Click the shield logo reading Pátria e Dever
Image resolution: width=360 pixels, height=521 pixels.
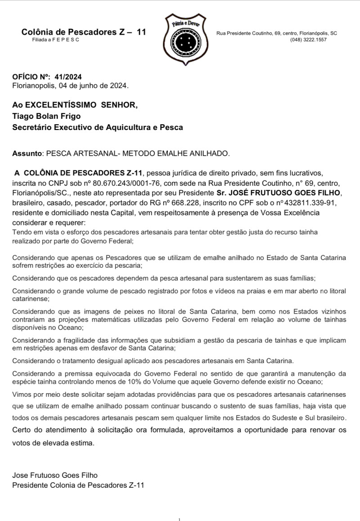[x=183, y=37]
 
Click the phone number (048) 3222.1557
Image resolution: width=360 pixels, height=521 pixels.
[x=308, y=40]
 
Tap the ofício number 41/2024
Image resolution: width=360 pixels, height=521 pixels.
[x=67, y=77]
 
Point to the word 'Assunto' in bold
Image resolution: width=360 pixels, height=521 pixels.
[x=26, y=153]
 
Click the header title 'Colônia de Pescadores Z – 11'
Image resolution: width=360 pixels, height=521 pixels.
[x=83, y=32]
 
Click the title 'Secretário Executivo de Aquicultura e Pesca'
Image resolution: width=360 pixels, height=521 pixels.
[x=98, y=127]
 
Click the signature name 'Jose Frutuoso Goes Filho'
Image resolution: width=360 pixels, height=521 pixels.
[x=55, y=475]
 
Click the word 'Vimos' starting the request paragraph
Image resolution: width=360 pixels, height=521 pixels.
[x=21, y=394]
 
